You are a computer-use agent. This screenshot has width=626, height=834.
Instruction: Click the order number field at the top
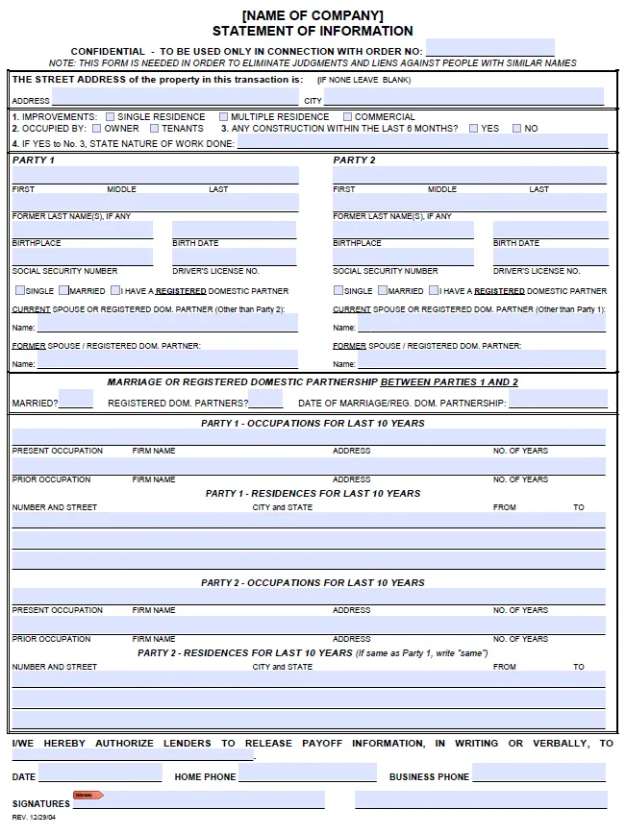coord(489,47)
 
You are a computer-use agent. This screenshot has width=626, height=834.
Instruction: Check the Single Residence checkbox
coord(110,117)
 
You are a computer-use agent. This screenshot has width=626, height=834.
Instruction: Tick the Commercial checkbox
coord(347,117)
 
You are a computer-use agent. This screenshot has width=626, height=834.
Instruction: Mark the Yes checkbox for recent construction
coord(474,129)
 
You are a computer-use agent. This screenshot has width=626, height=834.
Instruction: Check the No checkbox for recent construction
coord(517,129)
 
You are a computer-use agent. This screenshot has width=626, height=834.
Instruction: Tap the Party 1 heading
coord(34,159)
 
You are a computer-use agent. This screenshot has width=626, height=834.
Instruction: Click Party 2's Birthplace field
coord(403,257)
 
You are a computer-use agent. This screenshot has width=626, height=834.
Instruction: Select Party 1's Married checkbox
coord(64,290)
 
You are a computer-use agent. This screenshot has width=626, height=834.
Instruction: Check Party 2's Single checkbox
coord(338,290)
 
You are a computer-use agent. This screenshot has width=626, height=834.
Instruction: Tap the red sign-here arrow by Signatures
coord(88,796)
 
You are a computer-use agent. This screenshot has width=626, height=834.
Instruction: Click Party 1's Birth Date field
coord(235,257)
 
